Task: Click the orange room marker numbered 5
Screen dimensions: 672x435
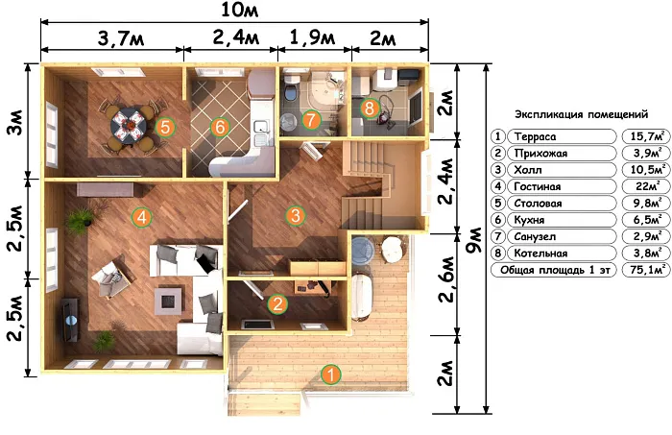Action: (165, 127)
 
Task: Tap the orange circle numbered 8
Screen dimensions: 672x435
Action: (370, 108)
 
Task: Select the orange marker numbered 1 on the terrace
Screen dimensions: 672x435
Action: (331, 375)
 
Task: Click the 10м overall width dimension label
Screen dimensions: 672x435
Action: (240, 10)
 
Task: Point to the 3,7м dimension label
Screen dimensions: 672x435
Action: (121, 38)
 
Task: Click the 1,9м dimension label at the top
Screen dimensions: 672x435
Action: (312, 37)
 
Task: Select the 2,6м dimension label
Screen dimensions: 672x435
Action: (446, 279)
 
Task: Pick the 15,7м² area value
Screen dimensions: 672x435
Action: (646, 136)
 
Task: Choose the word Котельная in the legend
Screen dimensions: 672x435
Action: (540, 254)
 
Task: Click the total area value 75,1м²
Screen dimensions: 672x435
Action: (646, 270)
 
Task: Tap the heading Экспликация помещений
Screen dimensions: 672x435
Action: (581, 114)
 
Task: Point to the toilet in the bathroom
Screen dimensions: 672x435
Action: (291, 88)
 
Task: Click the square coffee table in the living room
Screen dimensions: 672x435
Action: (168, 301)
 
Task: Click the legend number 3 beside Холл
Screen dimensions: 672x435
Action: (497, 170)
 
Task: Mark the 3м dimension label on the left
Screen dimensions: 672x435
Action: (16, 122)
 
